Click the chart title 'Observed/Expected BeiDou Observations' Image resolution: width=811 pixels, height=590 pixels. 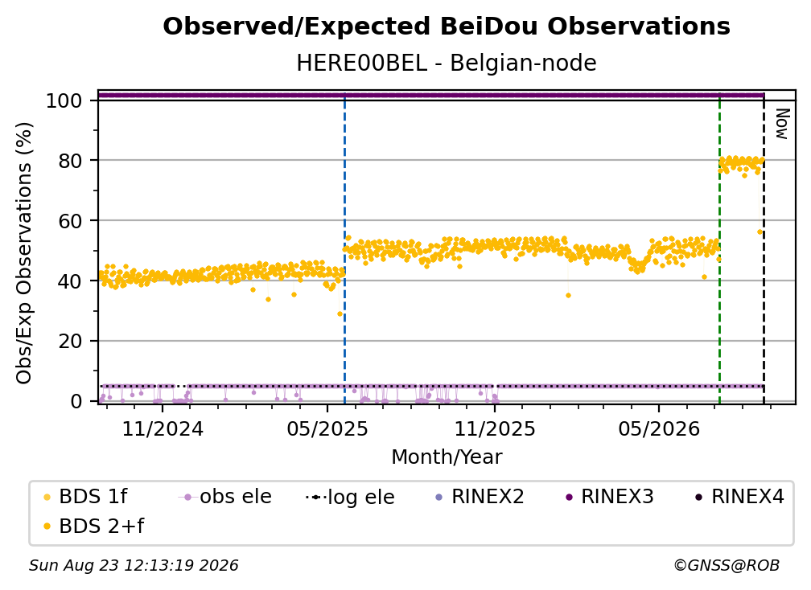[x=447, y=27]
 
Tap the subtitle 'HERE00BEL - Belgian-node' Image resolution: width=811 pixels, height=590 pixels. [x=447, y=63]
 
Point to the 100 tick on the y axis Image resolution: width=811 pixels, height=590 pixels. [x=64, y=100]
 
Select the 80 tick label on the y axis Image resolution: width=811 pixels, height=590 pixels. [x=70, y=161]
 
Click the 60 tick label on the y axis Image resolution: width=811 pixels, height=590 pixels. [x=70, y=221]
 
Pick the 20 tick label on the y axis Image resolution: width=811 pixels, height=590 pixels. [x=70, y=342]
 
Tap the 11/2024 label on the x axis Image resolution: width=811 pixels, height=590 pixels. [x=163, y=429]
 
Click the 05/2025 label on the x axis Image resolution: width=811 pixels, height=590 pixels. [x=327, y=429]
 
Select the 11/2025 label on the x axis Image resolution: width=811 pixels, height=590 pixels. [x=495, y=429]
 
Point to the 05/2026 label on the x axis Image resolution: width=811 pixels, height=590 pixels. [x=658, y=429]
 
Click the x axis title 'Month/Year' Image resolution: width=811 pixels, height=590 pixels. [x=447, y=457]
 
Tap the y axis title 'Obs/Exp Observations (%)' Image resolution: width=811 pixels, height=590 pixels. [x=24, y=253]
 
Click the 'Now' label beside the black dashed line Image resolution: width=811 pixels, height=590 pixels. [x=781, y=124]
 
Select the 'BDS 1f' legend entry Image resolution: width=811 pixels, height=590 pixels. [x=85, y=497]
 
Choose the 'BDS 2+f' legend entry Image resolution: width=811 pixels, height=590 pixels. [x=93, y=526]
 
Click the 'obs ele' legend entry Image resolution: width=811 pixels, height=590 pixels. [x=225, y=497]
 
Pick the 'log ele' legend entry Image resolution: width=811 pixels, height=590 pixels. [x=350, y=498]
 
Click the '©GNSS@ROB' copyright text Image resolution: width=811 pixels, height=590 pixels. [x=727, y=566]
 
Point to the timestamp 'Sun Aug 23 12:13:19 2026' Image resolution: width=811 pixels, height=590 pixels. [x=134, y=566]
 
